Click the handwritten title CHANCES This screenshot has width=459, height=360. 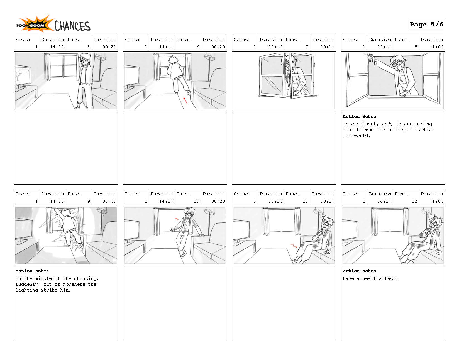coord(72,26)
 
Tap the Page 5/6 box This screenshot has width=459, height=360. coord(426,25)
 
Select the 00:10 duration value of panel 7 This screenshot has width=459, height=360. coord(327,47)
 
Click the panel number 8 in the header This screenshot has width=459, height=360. coord(416,47)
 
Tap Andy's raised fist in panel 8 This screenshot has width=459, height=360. coord(371,58)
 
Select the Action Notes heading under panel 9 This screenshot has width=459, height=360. coord(32,271)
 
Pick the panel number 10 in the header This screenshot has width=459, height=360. coord(196,201)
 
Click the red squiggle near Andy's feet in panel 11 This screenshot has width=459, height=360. coord(293,246)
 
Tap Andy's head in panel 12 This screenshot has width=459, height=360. coord(435,222)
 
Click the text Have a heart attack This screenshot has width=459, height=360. coord(370,278)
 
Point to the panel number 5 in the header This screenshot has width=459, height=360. coord(89,47)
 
